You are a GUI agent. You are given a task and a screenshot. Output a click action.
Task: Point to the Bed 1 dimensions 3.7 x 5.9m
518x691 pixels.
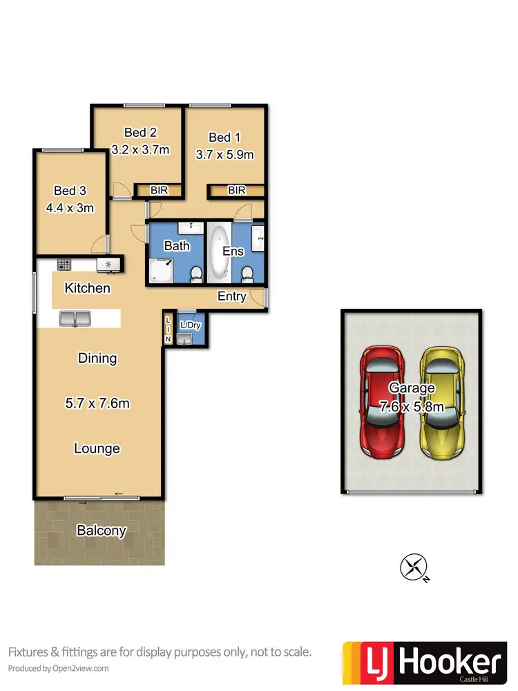(224, 154)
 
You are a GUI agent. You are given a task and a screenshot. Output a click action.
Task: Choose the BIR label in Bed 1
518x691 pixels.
(236, 190)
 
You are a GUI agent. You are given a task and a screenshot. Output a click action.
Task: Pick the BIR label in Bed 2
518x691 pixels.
(159, 190)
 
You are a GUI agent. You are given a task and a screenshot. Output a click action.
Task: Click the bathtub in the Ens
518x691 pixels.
(220, 252)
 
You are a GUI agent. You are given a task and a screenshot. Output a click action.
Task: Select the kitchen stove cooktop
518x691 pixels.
(64, 264)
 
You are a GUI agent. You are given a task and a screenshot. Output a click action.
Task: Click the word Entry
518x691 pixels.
(231, 296)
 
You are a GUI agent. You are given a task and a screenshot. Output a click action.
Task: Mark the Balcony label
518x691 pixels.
(102, 531)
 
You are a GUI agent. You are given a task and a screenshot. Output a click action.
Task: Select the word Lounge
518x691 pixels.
(97, 448)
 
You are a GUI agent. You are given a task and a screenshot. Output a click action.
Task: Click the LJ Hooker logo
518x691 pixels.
(423, 661)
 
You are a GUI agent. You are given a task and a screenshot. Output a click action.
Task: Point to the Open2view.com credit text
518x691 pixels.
(59, 668)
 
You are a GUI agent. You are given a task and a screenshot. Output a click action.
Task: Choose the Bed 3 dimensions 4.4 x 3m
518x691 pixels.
(69, 207)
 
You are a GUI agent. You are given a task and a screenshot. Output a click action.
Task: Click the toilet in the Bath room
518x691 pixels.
(196, 275)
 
